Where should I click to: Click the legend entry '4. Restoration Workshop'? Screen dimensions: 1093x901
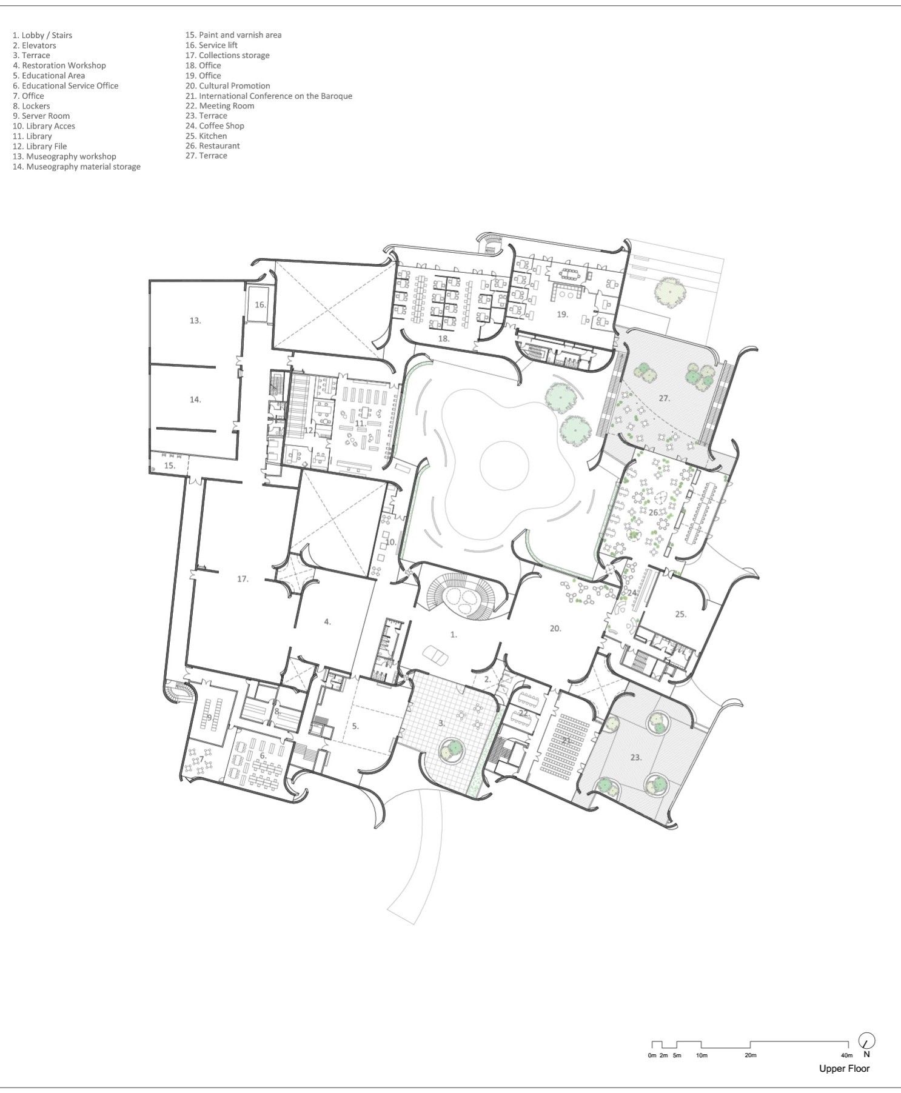tap(59, 65)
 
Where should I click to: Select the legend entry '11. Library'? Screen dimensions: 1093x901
tap(32, 136)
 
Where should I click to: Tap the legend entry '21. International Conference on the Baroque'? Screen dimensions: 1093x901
tap(269, 96)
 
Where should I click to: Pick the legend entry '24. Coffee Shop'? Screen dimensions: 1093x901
tap(215, 126)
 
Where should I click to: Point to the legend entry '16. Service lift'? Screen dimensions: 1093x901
tap(211, 45)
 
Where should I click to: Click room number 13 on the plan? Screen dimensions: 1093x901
tap(195, 320)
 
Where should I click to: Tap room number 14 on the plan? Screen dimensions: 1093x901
tap(195, 399)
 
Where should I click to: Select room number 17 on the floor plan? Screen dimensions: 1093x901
tap(243, 579)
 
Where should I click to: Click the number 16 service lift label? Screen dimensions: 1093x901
tap(260, 304)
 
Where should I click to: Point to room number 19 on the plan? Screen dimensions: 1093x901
tap(563, 314)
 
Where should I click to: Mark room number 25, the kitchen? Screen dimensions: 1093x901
tap(681, 614)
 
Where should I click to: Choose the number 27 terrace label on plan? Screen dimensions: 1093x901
tap(665, 398)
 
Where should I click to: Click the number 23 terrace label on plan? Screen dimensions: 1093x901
tap(635, 757)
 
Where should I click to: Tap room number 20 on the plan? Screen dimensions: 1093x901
tap(555, 629)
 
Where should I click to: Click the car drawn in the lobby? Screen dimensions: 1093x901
tap(435, 655)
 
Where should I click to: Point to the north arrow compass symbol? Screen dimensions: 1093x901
tap(867, 1041)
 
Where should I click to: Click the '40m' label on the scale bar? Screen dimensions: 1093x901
tap(847, 1055)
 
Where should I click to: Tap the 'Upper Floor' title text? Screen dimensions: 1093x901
tap(844, 1069)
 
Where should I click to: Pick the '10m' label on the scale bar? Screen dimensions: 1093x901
tap(702, 1055)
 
